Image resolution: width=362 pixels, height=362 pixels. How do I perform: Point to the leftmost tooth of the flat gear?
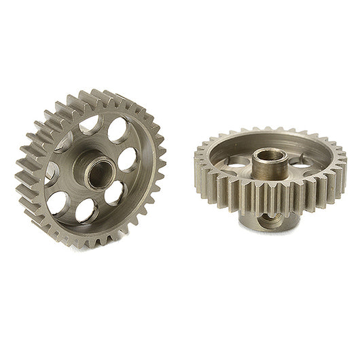coord(198,163)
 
